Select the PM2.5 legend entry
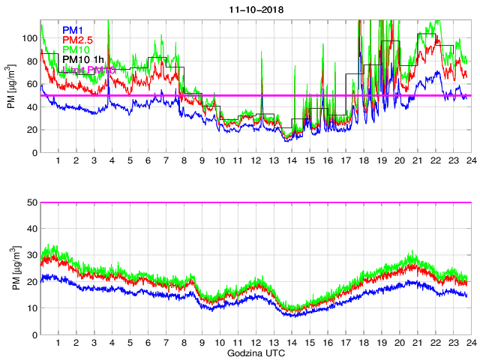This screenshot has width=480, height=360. tap(78, 40)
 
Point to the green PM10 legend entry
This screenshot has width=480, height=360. tap(76, 49)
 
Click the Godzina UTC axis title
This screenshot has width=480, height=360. tap(255, 352)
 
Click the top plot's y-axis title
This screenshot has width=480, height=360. tap(13, 86)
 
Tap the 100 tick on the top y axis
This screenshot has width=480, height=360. tap(29, 37)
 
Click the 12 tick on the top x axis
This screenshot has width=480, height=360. tap(255, 161)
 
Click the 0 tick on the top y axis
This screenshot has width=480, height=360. tap(34, 153)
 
